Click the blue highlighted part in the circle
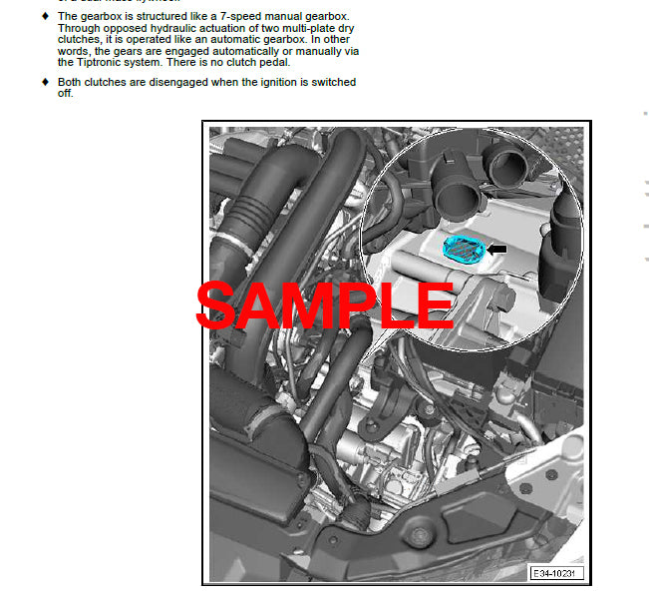point(461,248)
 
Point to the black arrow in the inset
point(495,249)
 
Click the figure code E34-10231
point(556,573)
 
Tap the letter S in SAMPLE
point(217,305)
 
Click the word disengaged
point(177,82)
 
